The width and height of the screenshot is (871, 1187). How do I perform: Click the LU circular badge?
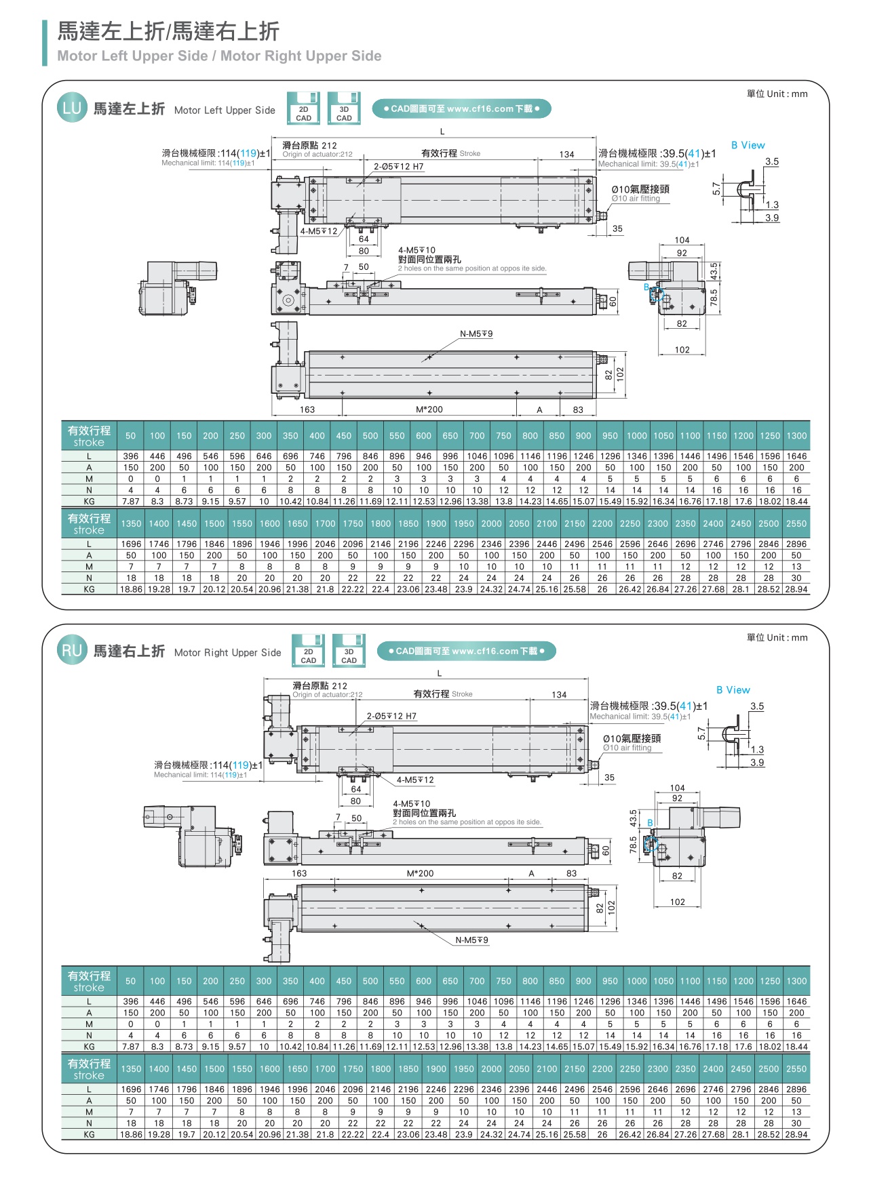pyautogui.click(x=72, y=108)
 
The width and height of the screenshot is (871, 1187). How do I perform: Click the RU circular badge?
pyautogui.click(x=72, y=651)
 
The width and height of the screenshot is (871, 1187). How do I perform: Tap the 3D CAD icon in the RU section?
pyautogui.click(x=349, y=651)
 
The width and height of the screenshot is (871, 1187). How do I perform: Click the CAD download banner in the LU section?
pyautogui.click(x=461, y=108)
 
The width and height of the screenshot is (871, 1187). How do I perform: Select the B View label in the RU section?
pyautogui.click(x=733, y=690)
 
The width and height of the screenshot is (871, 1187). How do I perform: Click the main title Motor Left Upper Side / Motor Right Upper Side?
pyautogui.click(x=219, y=56)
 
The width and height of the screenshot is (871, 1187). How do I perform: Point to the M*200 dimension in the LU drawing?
pyautogui.click(x=429, y=409)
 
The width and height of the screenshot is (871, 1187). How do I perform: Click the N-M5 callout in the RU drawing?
pyautogui.click(x=472, y=940)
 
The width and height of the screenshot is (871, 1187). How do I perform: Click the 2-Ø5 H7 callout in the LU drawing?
pyautogui.click(x=398, y=166)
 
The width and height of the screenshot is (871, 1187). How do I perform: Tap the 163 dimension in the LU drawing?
pyautogui.click(x=307, y=409)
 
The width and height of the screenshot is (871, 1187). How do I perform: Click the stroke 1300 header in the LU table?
pyautogui.click(x=796, y=436)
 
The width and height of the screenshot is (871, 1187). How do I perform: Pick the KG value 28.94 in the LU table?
pyautogui.click(x=796, y=589)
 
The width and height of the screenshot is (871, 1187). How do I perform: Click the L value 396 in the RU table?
pyautogui.click(x=131, y=1001)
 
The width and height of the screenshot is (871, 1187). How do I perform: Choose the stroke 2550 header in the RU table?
pyautogui.click(x=796, y=1069)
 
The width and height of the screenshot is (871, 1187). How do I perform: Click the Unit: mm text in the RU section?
pyautogui.click(x=777, y=637)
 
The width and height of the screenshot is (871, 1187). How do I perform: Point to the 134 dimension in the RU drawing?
pyautogui.click(x=559, y=695)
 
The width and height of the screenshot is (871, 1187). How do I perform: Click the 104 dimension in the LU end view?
pyautogui.click(x=682, y=240)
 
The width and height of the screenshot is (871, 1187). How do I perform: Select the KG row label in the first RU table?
pyautogui.click(x=89, y=1047)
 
